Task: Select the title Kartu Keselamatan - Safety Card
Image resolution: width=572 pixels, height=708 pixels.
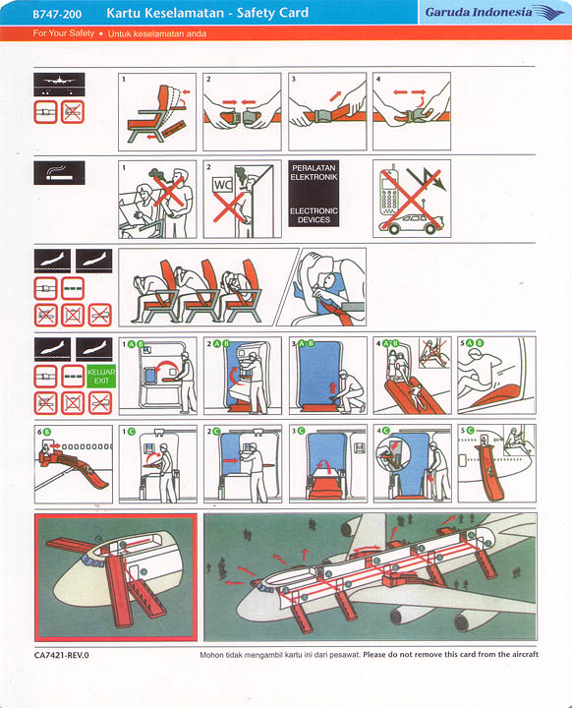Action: pyautogui.click(x=206, y=13)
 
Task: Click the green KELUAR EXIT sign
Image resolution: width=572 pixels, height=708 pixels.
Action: pyautogui.click(x=101, y=377)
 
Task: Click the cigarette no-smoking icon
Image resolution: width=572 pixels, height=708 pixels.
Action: pyautogui.click(x=59, y=173)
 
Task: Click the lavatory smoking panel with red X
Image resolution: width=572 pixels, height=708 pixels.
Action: pyautogui.click(x=242, y=199)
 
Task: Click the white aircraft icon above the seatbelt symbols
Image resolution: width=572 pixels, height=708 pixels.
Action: pyautogui.click(x=59, y=82)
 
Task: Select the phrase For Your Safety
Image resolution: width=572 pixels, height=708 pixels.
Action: pyautogui.click(x=64, y=33)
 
